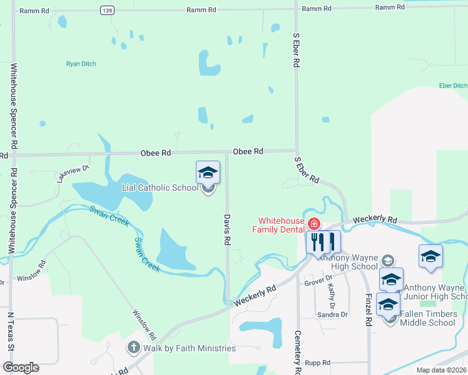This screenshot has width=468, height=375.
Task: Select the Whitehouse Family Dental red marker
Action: click(x=313, y=224)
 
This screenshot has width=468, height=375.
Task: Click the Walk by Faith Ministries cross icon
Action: click(x=133, y=347)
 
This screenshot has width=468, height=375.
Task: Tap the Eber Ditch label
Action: click(x=453, y=85)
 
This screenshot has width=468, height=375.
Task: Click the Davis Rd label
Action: click(x=228, y=229)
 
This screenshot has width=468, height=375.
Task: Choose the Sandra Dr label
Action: click(x=332, y=314)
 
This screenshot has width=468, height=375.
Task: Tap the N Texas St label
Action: click(x=11, y=337)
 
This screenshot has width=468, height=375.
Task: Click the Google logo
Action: click(x=21, y=367)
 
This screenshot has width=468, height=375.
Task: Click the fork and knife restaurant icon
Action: click(x=317, y=241)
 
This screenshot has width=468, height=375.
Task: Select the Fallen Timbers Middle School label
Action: click(x=427, y=318)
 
